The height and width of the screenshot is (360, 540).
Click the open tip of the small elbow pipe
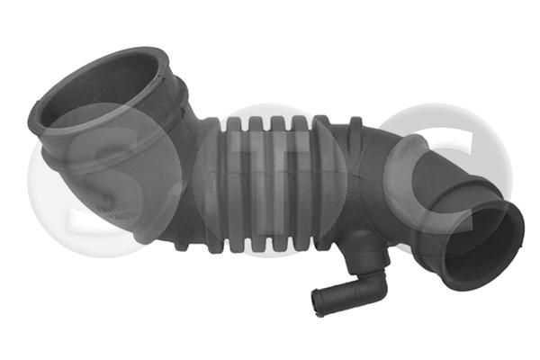pyautogui.click(x=317, y=303)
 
